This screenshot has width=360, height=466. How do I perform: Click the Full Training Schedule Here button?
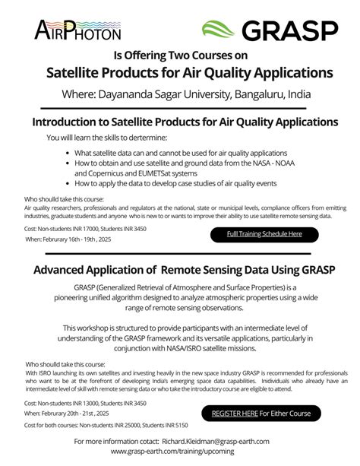264,234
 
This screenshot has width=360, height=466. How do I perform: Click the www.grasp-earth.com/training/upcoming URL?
180,452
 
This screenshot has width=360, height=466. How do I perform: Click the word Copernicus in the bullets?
103,173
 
